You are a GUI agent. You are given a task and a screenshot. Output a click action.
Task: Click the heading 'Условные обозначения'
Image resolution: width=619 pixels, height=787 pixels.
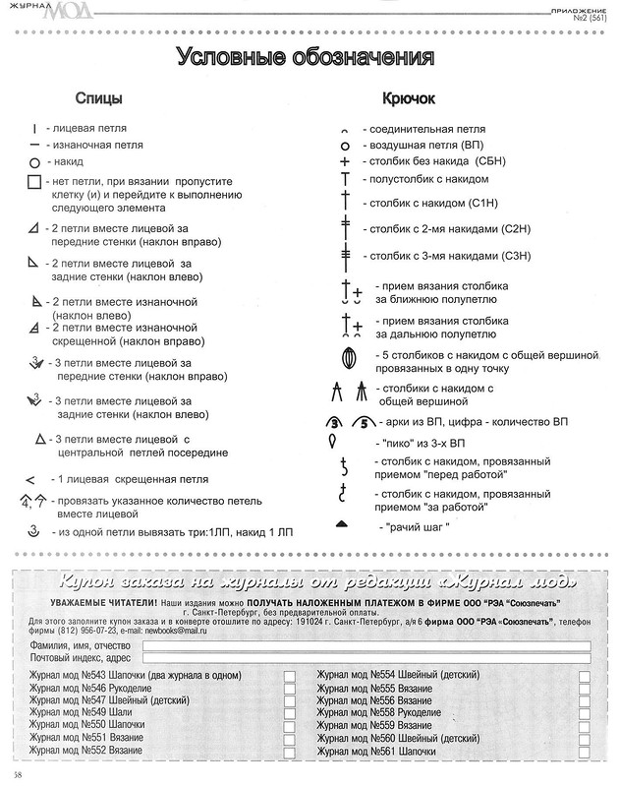click(x=305, y=57)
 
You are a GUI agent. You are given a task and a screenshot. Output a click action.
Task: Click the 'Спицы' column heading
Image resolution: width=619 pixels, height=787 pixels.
click(x=99, y=99)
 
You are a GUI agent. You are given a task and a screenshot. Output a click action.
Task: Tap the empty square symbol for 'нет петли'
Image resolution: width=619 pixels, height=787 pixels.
click(x=34, y=182)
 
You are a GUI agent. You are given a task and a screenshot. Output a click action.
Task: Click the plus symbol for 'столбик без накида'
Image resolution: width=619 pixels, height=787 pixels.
click(x=345, y=161)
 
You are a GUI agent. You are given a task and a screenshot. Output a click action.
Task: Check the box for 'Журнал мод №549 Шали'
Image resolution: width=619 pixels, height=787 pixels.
click(x=290, y=711)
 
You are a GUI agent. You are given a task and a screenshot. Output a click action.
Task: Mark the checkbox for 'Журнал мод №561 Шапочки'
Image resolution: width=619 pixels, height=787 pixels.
click(x=585, y=751)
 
